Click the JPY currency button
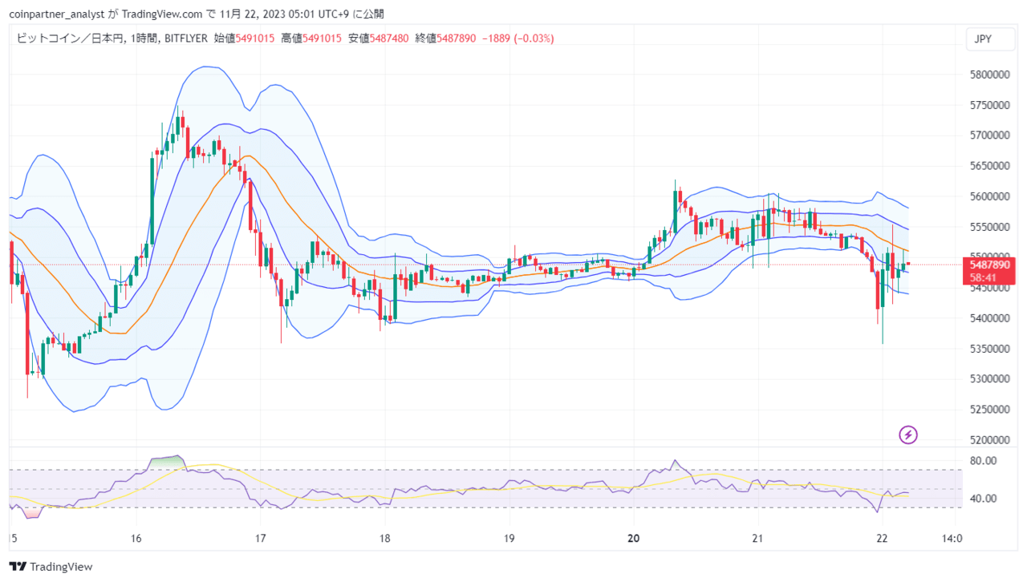990,39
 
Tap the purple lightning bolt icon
907,434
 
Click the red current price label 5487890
989,265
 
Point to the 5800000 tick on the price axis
989,75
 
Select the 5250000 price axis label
989,409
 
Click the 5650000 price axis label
989,166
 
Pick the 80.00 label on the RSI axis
983,461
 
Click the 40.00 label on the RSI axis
983,498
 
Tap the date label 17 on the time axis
261,538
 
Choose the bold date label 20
634,538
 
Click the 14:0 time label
952,538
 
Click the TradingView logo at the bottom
51,567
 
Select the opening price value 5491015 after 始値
255,38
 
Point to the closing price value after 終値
457,38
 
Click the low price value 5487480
389,38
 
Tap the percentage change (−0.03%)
534,38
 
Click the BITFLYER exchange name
185,38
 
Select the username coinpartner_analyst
57,14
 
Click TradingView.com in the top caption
162,14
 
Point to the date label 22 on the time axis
882,538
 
